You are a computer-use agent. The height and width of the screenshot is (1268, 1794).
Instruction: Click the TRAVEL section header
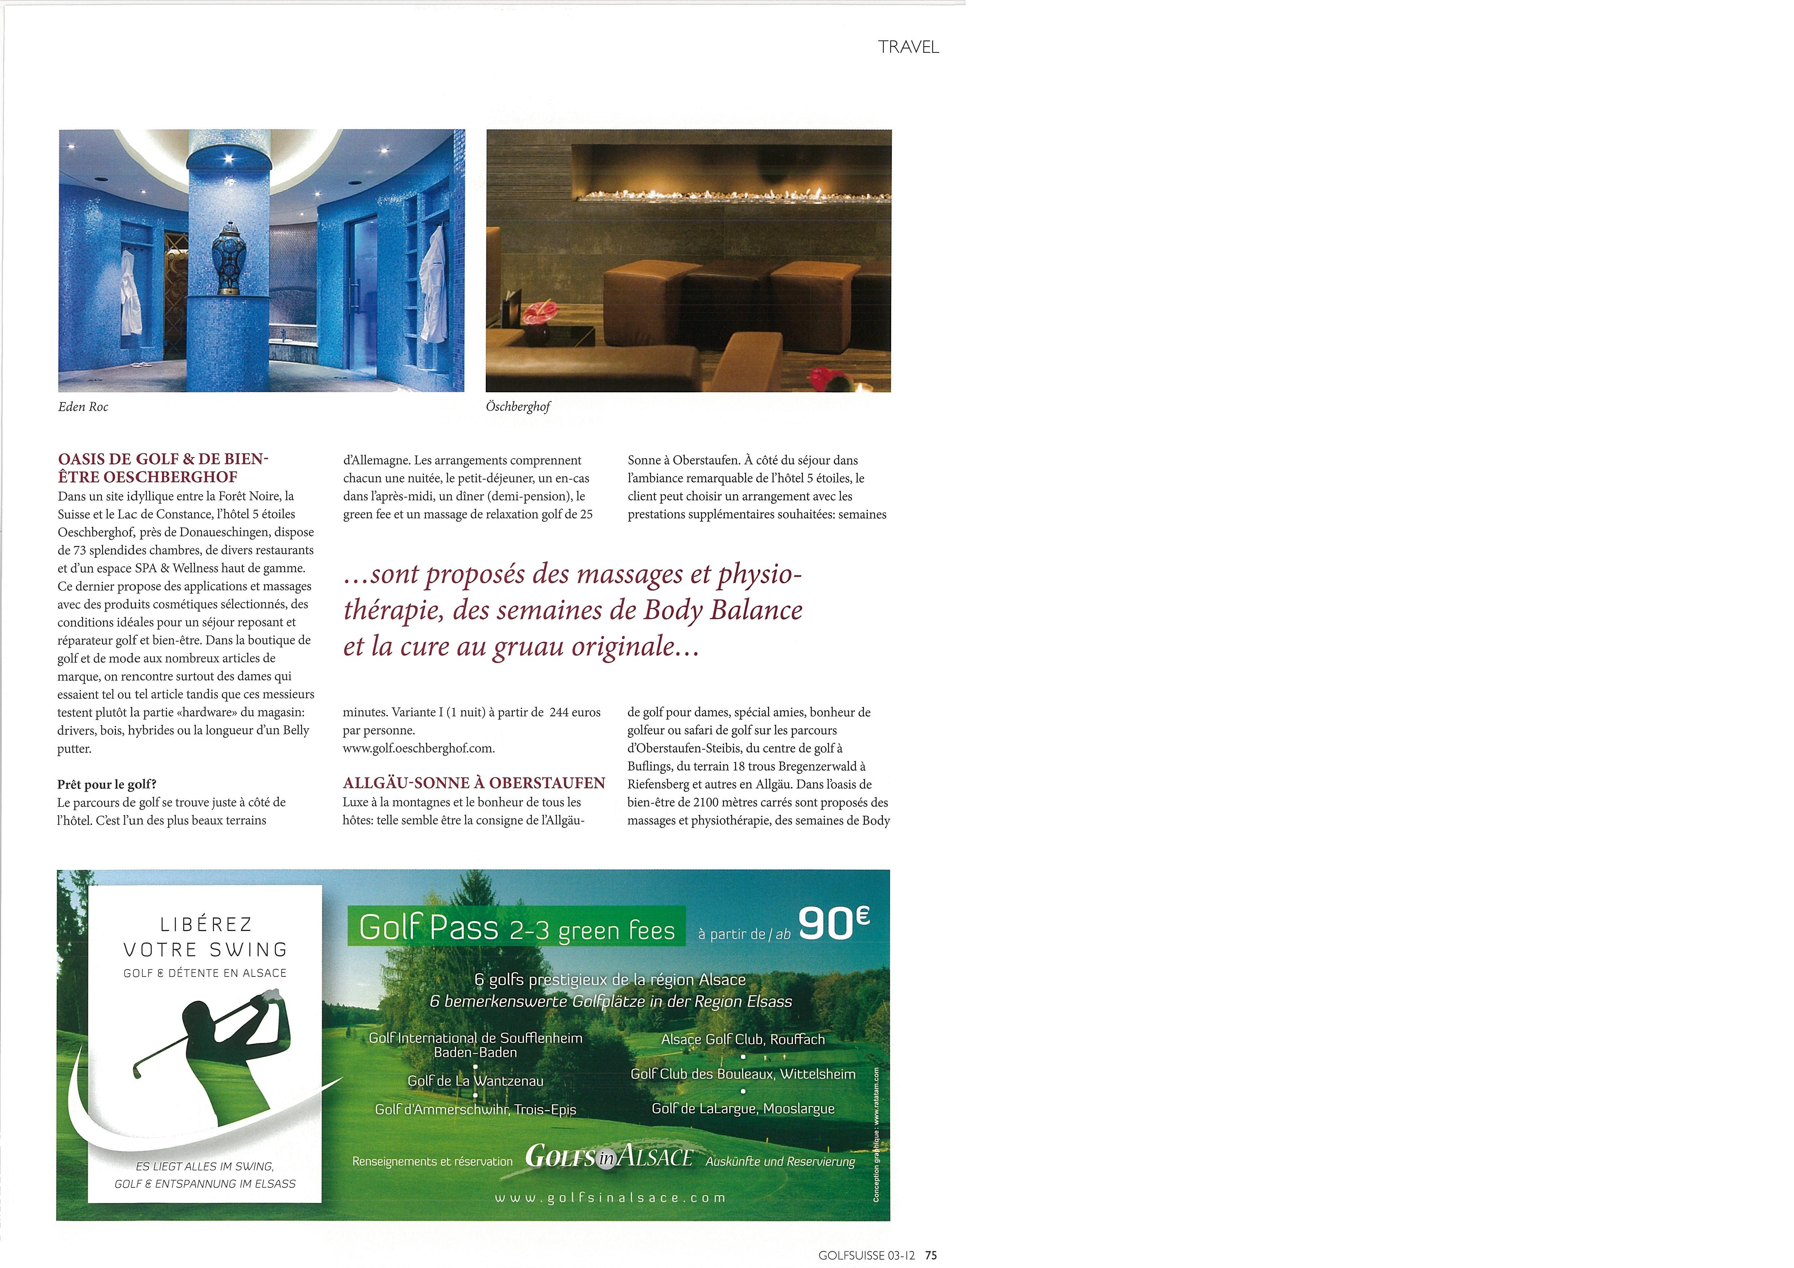tap(908, 47)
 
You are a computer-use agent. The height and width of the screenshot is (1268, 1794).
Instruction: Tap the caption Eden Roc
tap(83, 407)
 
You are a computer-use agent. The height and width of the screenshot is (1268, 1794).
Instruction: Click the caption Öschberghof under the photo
tap(518, 407)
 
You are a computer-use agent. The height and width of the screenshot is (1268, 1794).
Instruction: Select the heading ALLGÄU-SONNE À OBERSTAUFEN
tap(473, 783)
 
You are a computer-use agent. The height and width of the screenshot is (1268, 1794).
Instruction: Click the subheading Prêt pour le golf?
tap(106, 784)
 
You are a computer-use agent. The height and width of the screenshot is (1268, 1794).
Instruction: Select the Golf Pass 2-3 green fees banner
tap(516, 927)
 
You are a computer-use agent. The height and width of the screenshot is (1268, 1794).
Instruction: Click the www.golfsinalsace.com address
tap(610, 1198)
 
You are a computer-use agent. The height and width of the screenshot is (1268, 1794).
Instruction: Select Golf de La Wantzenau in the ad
tap(475, 1081)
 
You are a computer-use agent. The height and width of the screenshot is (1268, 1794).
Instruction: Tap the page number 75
tap(931, 1255)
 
